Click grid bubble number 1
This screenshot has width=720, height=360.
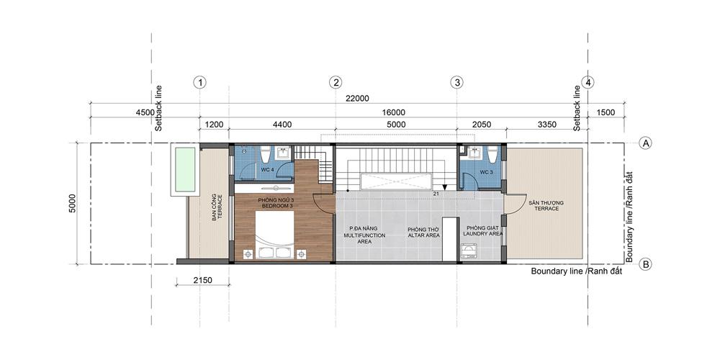199,83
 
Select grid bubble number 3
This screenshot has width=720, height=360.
456,83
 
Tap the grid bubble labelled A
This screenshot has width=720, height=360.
646,143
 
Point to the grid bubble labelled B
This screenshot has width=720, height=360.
646,264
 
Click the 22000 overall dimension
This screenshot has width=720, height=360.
357,99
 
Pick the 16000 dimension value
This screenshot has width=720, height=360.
393,112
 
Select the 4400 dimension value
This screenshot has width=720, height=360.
282,124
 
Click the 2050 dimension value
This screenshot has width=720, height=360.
481,124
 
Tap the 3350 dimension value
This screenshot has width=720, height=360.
546,124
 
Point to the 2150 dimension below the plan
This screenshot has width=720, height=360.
202,279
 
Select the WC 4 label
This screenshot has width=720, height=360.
268,171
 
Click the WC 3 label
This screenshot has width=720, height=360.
486,172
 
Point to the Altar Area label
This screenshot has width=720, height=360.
423,232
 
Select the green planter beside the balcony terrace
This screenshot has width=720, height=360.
185,169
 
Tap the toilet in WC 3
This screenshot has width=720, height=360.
492,155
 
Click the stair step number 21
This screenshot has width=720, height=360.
436,194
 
